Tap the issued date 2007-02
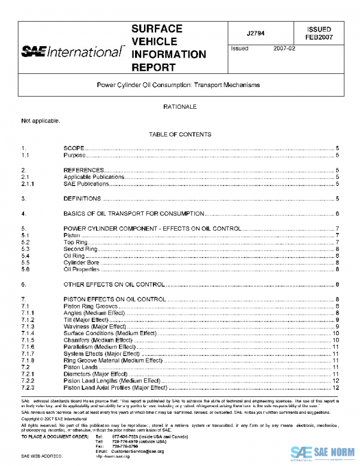285,49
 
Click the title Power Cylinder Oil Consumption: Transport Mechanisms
178,85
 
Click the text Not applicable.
41,121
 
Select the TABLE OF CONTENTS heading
179,135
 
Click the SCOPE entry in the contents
74,148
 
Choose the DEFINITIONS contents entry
83,198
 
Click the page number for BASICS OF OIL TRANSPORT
338,213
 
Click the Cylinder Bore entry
82,262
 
